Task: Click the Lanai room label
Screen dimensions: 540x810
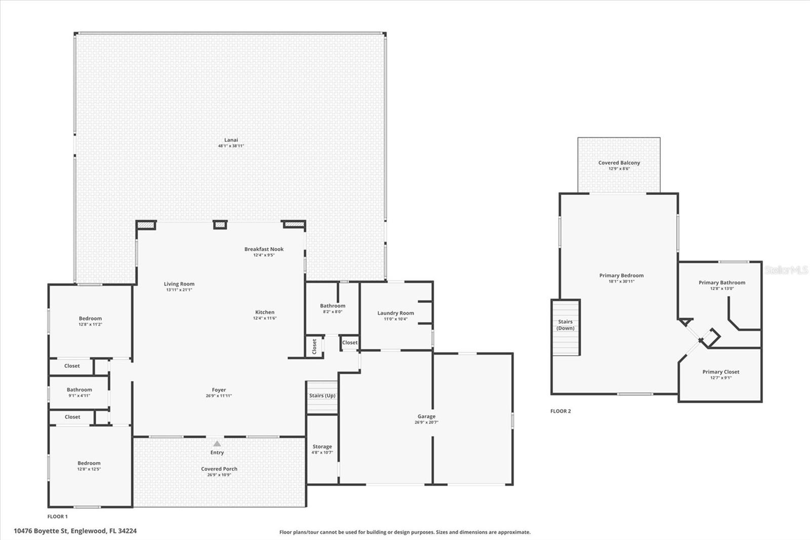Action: coord(231,140)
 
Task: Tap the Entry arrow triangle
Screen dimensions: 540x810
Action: coord(217,444)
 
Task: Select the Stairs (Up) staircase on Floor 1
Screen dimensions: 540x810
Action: coord(322,396)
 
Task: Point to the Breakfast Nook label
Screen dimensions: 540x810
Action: coord(264,249)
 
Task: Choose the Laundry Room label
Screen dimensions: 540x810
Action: coord(395,313)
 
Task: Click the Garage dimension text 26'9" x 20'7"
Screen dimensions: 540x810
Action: coord(426,422)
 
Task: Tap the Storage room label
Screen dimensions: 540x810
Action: coord(322,447)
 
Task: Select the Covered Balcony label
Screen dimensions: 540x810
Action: coord(619,163)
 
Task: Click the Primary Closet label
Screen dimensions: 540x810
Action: coord(720,372)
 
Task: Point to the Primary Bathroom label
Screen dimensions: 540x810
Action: coord(722,283)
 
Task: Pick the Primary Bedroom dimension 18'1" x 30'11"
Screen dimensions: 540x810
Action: coord(621,282)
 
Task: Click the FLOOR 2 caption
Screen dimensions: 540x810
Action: coord(560,411)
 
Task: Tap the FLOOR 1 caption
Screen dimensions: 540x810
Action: coord(57,517)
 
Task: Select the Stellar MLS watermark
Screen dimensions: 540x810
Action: coord(786,270)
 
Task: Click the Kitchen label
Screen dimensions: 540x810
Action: coord(265,313)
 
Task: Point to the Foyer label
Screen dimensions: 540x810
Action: coord(219,390)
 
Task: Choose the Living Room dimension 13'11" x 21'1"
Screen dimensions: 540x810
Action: coord(179,290)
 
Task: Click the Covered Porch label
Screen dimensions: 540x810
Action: coord(219,469)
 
